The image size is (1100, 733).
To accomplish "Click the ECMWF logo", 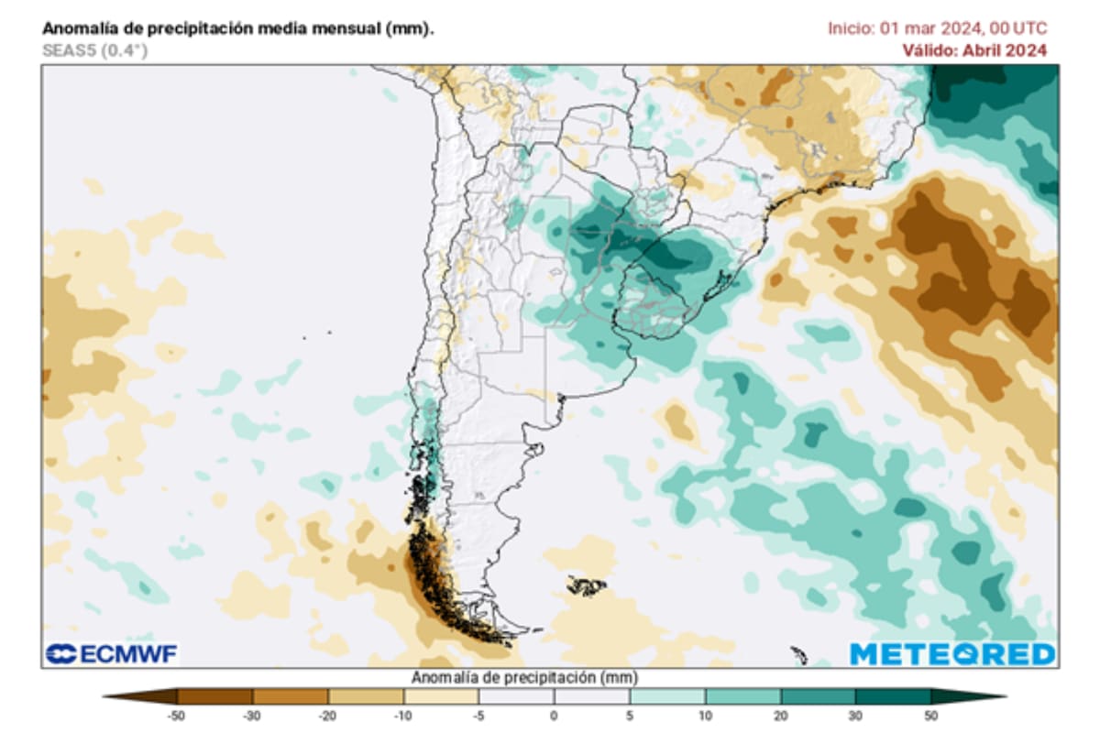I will (x=112, y=653).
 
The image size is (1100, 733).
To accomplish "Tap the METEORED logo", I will (x=952, y=653).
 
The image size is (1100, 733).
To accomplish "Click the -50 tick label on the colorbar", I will (x=177, y=714).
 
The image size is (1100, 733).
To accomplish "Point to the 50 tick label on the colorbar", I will (x=931, y=714).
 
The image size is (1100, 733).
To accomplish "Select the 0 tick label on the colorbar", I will (x=554, y=714).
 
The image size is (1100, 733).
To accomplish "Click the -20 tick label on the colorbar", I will (x=327, y=714).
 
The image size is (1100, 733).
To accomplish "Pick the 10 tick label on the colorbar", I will (x=705, y=714).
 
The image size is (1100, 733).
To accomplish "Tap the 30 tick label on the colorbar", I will (x=855, y=714).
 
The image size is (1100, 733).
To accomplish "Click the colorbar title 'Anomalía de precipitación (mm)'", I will (x=524, y=678).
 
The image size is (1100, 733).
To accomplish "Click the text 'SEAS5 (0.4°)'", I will (x=94, y=50).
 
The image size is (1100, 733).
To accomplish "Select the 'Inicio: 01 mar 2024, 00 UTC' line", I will (x=937, y=28).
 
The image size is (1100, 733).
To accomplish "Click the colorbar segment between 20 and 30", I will (x=818, y=696).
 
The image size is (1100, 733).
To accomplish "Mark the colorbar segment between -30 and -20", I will (x=290, y=696).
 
